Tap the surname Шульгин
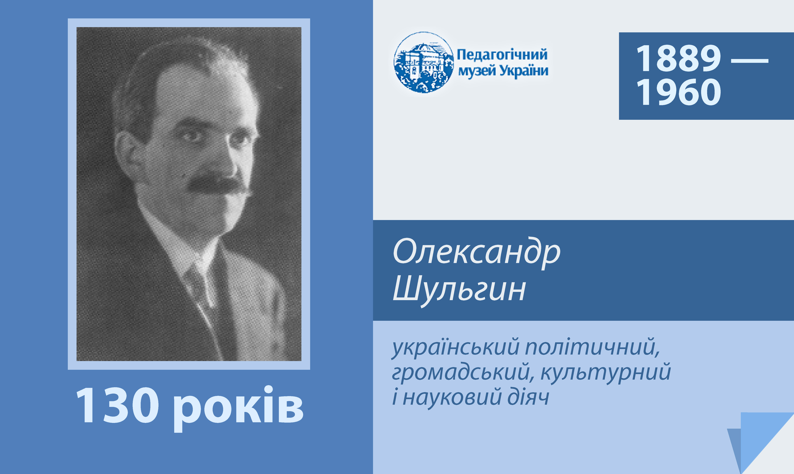point(459,290)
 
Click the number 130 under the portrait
point(117,406)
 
